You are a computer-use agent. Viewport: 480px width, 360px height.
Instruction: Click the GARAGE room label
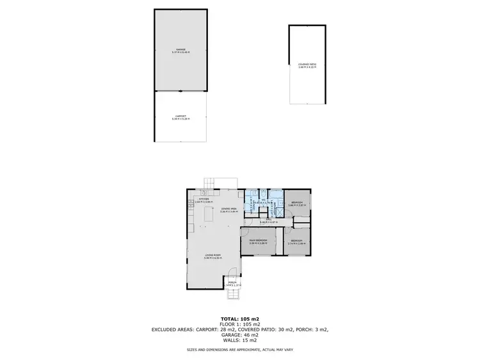(x=180, y=50)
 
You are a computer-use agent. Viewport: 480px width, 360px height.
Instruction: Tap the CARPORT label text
(x=180, y=117)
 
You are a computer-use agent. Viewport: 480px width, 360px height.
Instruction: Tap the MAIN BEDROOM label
(x=258, y=241)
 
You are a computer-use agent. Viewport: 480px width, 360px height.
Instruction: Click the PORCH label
(x=232, y=283)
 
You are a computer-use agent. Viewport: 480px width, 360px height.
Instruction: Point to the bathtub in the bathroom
(x=275, y=195)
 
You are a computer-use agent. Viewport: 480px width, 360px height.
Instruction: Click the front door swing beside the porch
(x=233, y=271)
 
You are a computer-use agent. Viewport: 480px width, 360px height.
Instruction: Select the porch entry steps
(x=233, y=295)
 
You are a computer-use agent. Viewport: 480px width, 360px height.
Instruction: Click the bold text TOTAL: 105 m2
(x=239, y=318)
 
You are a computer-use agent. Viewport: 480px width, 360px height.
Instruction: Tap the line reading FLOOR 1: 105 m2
(x=239, y=324)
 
